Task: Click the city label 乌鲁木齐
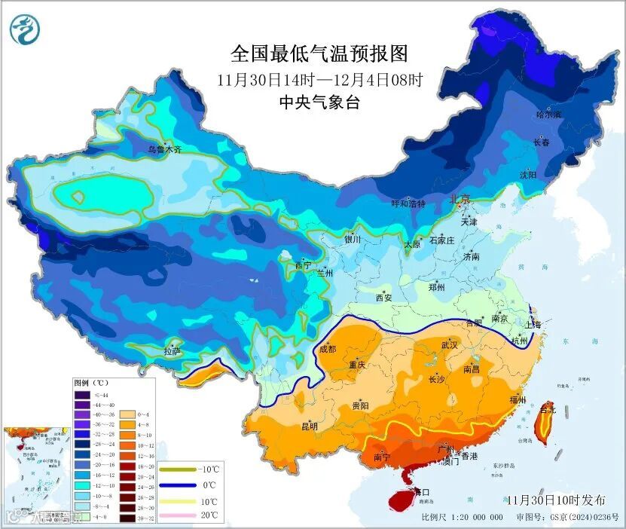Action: point(164,150)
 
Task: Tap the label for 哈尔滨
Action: point(548,115)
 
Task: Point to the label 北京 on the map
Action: point(460,200)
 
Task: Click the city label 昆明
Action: point(310,427)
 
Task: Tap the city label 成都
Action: point(328,349)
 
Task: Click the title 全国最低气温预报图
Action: point(319,54)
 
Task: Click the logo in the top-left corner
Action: point(25,28)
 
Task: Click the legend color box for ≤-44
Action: point(81,395)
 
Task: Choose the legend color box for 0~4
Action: point(127,414)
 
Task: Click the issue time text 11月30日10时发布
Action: point(556,500)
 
